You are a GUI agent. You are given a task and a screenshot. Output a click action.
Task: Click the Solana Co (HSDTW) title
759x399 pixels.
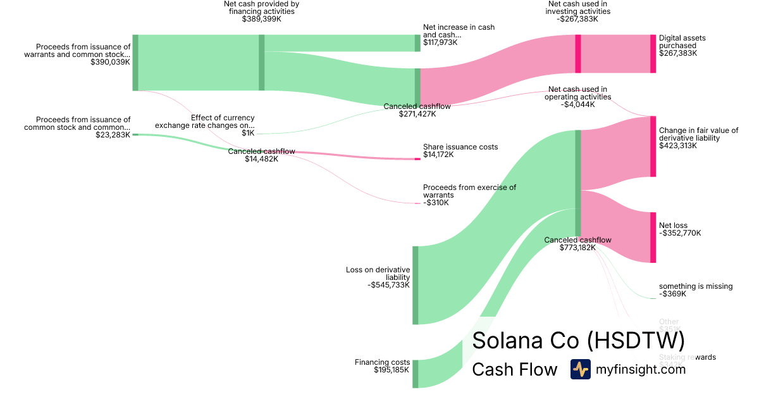tap(578, 340)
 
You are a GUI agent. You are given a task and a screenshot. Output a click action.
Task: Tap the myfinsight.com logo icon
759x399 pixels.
tap(580, 369)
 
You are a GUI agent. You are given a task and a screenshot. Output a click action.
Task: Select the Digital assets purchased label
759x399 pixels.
tap(682, 42)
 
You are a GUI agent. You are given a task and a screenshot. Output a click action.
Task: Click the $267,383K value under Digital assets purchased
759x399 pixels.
tap(678, 53)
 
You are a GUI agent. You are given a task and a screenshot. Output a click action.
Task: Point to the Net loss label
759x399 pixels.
tap(673, 225)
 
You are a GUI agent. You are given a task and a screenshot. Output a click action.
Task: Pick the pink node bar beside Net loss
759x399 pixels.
tap(653, 237)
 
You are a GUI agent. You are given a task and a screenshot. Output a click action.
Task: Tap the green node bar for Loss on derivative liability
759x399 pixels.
tap(416, 285)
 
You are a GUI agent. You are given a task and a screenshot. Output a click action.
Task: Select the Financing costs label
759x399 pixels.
tap(382, 362)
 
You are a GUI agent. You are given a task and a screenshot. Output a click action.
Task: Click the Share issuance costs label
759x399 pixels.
tap(460, 147)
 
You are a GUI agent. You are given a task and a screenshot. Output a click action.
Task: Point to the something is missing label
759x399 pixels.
tap(696, 286)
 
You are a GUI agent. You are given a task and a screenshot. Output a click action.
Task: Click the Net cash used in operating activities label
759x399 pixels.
tap(578, 93)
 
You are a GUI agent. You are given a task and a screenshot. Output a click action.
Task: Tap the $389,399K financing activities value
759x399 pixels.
tap(261, 20)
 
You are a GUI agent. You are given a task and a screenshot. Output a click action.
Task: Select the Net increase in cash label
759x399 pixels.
tap(459, 31)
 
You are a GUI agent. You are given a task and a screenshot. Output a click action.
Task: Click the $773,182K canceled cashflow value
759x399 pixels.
tap(577, 248)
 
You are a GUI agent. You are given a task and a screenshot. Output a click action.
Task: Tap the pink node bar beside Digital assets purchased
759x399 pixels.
tap(653, 54)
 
